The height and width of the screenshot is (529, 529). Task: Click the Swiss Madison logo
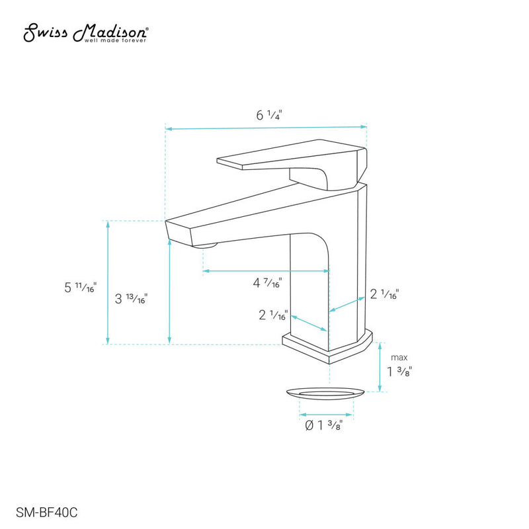[86, 32]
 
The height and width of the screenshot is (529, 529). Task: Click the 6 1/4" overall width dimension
[268, 115]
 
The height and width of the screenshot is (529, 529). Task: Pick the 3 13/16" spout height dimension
[131, 298]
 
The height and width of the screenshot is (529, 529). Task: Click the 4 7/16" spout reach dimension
[268, 284]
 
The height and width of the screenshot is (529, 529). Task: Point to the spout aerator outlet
[207, 247]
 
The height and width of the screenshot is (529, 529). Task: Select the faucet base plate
[327, 347]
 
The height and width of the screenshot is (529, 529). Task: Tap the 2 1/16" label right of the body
[384, 294]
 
